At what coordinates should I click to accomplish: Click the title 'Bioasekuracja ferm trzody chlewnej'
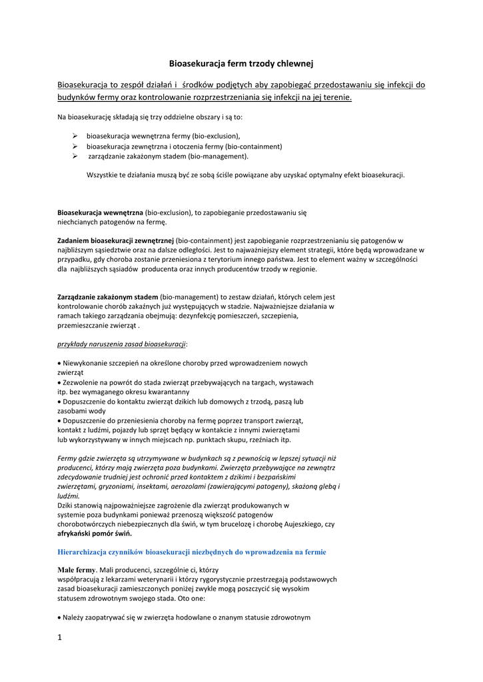coord(241,63)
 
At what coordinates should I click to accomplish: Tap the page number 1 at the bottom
coord(59,637)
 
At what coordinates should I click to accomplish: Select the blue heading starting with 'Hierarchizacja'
coord(192,552)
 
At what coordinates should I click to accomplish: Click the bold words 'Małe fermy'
coord(77,570)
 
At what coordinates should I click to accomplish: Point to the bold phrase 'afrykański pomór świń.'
coord(95,533)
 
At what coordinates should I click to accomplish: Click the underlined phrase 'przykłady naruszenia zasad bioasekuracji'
coord(122,344)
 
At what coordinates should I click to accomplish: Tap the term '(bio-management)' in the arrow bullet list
coord(219,157)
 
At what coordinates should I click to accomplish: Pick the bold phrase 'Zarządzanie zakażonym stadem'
coord(108,296)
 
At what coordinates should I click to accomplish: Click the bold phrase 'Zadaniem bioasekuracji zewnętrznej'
coord(115,240)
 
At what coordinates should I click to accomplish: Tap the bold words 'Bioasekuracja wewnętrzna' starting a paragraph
coord(100,212)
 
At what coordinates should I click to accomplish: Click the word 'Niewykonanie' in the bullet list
coord(85,363)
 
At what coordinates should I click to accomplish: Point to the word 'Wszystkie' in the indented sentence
coord(102,174)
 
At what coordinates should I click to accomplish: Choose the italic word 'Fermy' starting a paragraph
coord(67,458)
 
